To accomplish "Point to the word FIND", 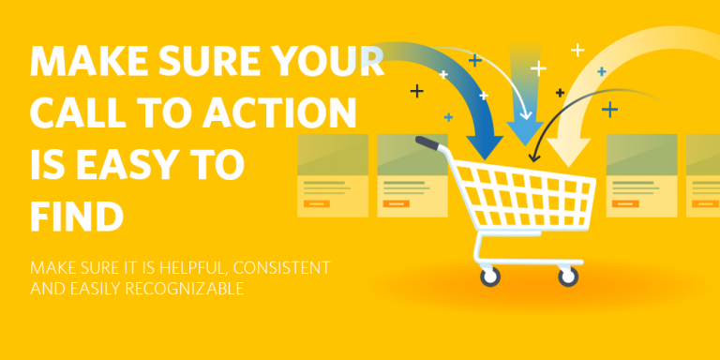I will tap(77, 217).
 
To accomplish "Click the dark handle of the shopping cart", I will tap(427, 143).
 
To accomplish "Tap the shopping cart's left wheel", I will tap(489, 277).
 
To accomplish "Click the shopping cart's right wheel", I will tap(567, 277).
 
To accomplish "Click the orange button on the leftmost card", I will tap(318, 203).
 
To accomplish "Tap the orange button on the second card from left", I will tap(397, 203).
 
